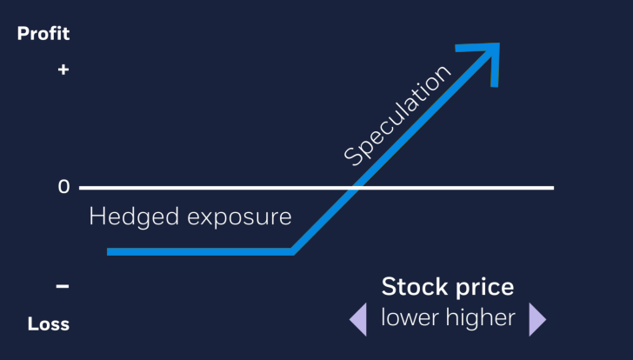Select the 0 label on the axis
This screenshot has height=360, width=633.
click(63, 187)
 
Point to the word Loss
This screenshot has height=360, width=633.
click(49, 324)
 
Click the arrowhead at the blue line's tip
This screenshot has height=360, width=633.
click(489, 54)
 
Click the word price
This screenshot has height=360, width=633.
click(483, 289)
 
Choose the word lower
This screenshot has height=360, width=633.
click(410, 318)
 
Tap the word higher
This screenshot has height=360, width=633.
click(479, 319)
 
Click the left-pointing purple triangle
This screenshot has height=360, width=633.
click(358, 319)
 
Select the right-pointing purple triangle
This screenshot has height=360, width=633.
click(536, 319)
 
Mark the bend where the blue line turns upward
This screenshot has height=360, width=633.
click(293, 251)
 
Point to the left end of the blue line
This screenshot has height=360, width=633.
click(110, 252)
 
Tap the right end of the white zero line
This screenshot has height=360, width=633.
click(551, 187)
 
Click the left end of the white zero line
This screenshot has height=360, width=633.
click(81, 187)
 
